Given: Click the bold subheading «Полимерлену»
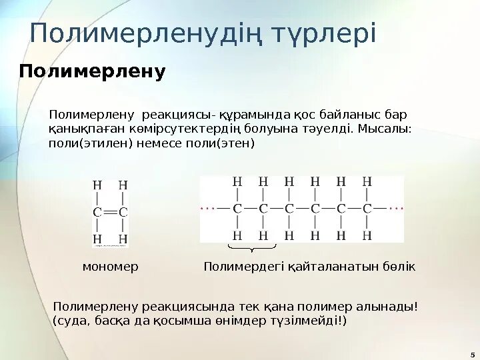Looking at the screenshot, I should (x=92, y=72).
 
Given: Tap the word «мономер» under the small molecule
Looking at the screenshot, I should (x=110, y=267).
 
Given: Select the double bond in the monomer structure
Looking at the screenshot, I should (x=110, y=212).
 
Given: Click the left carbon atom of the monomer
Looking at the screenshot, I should (x=97, y=212).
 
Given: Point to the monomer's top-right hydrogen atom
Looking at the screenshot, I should (x=123, y=184).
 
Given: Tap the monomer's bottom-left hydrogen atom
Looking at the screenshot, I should (x=97, y=238).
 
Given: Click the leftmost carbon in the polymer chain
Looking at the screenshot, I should (x=237, y=208).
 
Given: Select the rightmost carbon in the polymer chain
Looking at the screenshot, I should (x=367, y=208).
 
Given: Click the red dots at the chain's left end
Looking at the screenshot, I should (x=209, y=208).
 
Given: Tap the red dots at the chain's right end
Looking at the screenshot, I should (x=397, y=208).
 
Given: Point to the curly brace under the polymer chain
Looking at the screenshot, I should (x=251, y=249).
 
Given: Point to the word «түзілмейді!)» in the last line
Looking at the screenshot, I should (x=312, y=321).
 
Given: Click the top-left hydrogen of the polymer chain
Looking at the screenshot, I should (x=237, y=181).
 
